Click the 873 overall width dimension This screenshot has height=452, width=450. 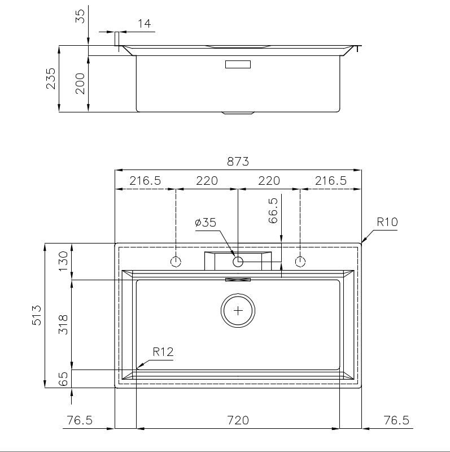[x=238, y=162]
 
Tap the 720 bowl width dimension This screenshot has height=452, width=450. [x=238, y=420]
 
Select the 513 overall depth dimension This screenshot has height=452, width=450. [x=37, y=315]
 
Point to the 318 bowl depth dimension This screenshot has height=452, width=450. [x=63, y=324]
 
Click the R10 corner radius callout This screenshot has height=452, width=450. [x=387, y=222]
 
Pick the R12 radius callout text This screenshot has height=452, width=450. [x=163, y=352]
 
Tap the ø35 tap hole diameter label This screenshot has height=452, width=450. [x=206, y=223]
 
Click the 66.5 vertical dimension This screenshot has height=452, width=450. [x=273, y=210]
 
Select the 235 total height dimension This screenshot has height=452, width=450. [x=51, y=79]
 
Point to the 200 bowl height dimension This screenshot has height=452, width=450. [x=80, y=84]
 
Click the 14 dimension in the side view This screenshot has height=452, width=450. [x=144, y=24]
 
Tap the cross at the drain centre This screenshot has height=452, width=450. [x=238, y=311]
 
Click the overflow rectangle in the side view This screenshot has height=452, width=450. [x=238, y=64]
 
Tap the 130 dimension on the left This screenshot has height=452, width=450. [x=63, y=261]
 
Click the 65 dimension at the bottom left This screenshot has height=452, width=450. [x=63, y=379]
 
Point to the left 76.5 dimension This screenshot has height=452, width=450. [x=80, y=420]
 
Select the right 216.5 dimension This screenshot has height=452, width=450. [x=331, y=181]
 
